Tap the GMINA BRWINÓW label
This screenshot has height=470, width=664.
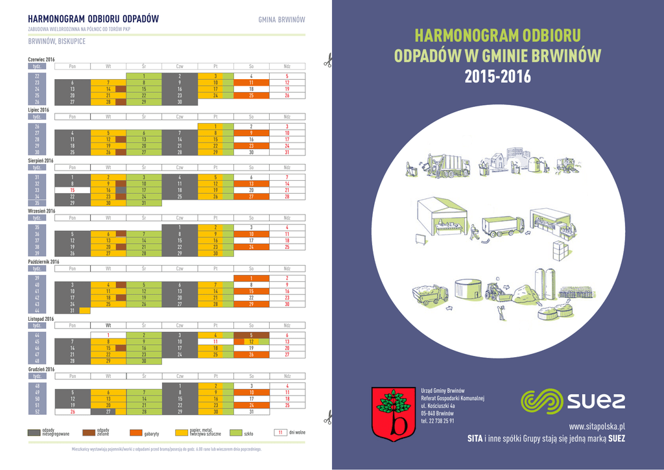[282, 19]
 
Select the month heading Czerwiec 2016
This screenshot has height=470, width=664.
[41, 60]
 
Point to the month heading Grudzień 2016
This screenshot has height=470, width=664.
[43, 370]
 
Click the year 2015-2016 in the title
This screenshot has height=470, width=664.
[497, 77]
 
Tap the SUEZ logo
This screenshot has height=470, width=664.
[573, 400]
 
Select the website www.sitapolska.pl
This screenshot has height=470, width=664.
[597, 426]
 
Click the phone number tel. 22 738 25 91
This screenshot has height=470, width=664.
[438, 421]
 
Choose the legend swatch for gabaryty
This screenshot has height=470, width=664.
[136, 432]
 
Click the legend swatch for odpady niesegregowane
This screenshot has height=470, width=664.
[34, 432]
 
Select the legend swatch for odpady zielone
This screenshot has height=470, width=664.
[88, 432]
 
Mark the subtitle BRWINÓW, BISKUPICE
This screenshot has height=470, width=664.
[56, 41]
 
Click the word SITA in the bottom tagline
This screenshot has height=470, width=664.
[475, 439]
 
